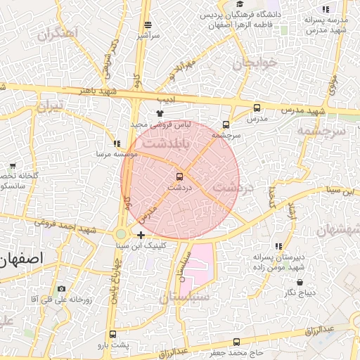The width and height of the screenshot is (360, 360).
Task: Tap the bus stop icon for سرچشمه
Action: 226,124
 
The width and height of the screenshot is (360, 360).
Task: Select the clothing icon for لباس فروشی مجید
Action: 160,112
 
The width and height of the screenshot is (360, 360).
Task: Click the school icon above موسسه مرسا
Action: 117,143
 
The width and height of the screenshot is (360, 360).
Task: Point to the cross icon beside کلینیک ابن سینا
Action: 141,235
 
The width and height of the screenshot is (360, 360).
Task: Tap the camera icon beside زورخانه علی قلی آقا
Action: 62,289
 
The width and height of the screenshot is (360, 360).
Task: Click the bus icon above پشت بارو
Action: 112,335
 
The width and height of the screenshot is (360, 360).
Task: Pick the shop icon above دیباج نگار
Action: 300,283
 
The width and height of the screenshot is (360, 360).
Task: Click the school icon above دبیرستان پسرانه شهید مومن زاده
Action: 279,247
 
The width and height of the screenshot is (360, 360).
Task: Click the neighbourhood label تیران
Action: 50,106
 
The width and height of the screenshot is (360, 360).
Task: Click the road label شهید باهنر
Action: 96,91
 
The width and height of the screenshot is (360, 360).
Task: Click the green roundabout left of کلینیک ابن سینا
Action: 122,234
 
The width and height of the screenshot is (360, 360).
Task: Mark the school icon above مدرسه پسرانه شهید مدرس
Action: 325,9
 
